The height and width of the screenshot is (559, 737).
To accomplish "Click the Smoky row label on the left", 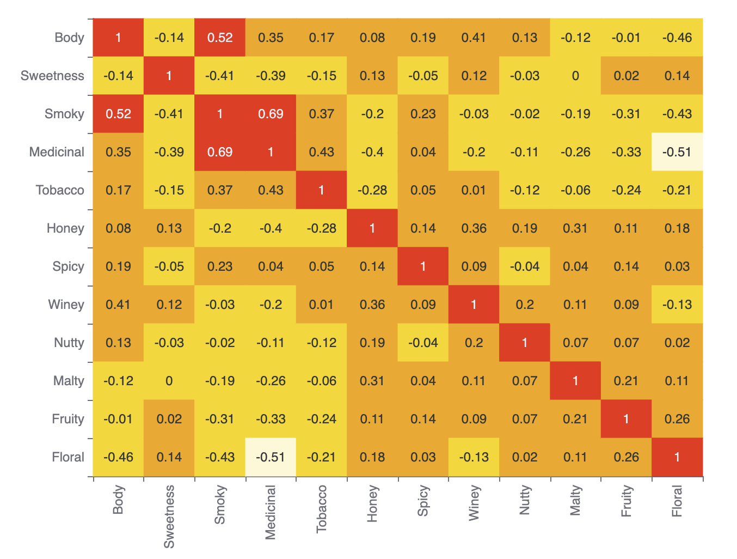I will click(x=64, y=114).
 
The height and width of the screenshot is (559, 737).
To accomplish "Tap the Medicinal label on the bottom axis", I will click(x=271, y=512).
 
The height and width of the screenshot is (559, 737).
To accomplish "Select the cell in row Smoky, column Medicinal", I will click(x=271, y=114).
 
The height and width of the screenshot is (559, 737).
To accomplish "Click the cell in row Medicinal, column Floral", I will click(x=677, y=152).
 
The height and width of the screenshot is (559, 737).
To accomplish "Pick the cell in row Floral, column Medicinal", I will click(x=271, y=457).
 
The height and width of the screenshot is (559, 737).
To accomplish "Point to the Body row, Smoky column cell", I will click(x=220, y=38).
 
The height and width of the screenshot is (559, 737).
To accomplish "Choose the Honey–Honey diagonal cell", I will click(x=372, y=228).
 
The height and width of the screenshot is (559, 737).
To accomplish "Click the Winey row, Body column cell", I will click(x=118, y=305).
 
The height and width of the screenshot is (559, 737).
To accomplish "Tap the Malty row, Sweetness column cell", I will click(x=169, y=381).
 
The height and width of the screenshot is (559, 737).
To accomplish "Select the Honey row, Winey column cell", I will click(x=474, y=228).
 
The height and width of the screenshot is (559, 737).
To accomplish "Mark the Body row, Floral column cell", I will click(x=677, y=38).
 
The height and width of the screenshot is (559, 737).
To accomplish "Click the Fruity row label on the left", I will click(x=68, y=419).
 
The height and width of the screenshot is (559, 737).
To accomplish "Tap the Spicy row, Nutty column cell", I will click(x=525, y=266).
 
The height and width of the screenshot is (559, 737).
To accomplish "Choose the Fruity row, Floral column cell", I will click(x=677, y=419).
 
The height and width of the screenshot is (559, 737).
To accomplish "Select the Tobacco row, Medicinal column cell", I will click(x=271, y=190).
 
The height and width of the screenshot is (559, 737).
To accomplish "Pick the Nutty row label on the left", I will click(x=69, y=343).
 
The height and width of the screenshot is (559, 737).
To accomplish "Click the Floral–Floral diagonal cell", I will click(x=677, y=457).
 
